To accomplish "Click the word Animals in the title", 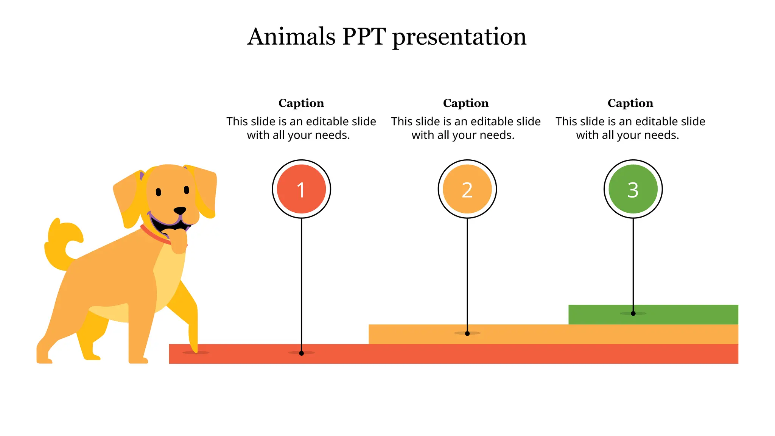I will [x=291, y=37].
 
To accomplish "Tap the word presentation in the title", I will [x=459, y=37].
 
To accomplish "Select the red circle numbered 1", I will [x=301, y=189].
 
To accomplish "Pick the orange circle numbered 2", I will [x=467, y=189].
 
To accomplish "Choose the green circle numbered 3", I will [x=633, y=189].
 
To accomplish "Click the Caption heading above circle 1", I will [x=301, y=103].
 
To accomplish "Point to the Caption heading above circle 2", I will [x=466, y=103].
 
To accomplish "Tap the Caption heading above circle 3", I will [x=630, y=103].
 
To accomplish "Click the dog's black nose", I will [x=180, y=210].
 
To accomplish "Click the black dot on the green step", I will [x=633, y=313].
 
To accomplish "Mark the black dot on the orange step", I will [x=467, y=333].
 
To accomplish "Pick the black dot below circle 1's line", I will [x=301, y=353].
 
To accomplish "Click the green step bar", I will [x=681, y=314].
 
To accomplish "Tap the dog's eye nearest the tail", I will [x=159, y=192].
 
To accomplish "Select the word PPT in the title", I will [x=364, y=37].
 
